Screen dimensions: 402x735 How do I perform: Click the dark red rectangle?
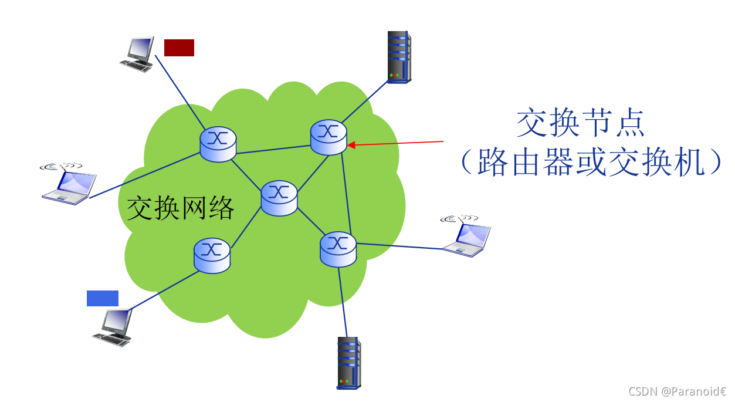(179, 48)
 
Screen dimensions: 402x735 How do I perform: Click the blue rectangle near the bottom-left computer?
(103, 298)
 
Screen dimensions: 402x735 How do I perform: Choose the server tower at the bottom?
(349, 363)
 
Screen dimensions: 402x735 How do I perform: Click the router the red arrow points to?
(328, 137)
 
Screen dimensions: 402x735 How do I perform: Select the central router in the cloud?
(279, 198)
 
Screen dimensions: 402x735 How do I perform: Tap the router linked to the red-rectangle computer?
(218, 144)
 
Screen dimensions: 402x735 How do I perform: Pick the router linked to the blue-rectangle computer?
(212, 255)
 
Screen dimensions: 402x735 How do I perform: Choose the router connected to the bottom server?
(338, 249)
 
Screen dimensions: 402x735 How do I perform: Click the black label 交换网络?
(181, 207)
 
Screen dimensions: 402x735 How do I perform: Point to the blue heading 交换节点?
(580, 123)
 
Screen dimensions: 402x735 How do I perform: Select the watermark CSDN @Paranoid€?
(677, 391)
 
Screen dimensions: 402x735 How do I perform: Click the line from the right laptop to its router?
(399, 246)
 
